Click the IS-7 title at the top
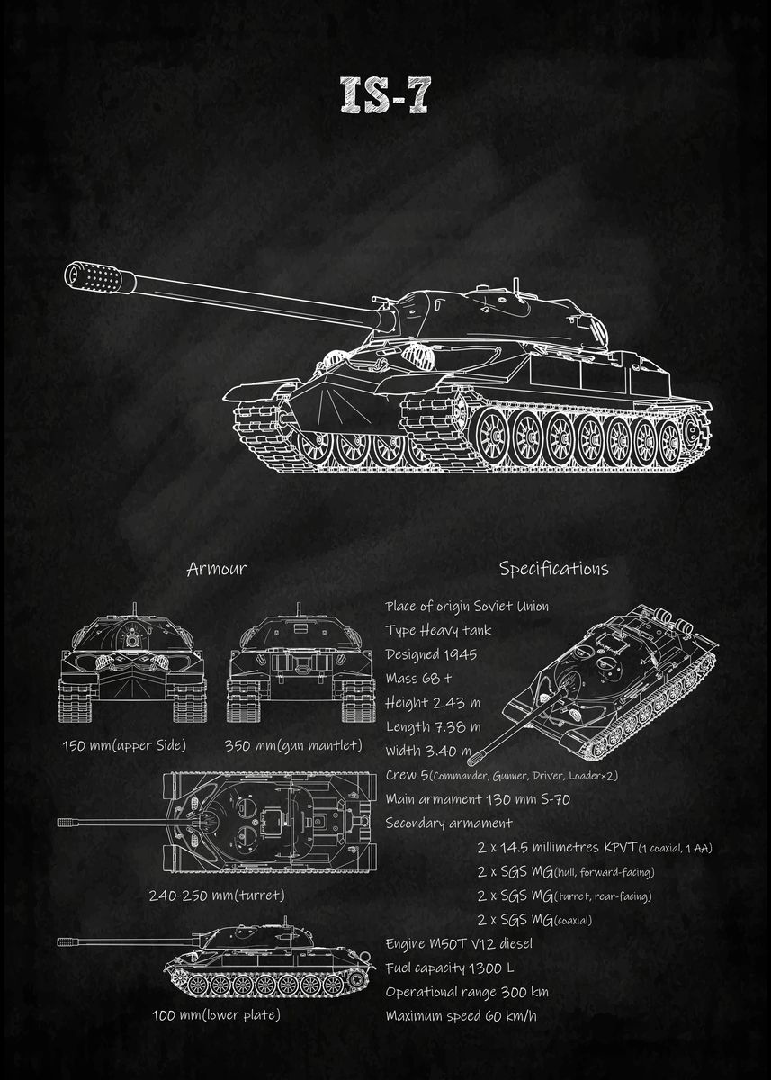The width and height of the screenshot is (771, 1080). coord(384,94)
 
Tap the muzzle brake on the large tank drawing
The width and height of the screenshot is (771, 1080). coord(95,277)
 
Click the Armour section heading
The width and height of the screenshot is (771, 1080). coord(216,569)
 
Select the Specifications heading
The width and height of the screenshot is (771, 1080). coord(553,569)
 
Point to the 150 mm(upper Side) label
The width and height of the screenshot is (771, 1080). coord(124,745)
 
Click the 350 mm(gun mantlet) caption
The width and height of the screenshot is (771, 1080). coord(293,745)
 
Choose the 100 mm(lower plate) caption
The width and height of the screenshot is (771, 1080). coord(216,1015)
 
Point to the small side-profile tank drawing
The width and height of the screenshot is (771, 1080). coord(270,958)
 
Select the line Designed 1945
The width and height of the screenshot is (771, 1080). coord(431,654)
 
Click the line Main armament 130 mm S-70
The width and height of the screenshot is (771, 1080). coord(478,798)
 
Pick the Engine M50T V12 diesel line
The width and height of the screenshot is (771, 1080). coord(459,943)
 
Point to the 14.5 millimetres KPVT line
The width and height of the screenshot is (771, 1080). coord(594,848)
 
